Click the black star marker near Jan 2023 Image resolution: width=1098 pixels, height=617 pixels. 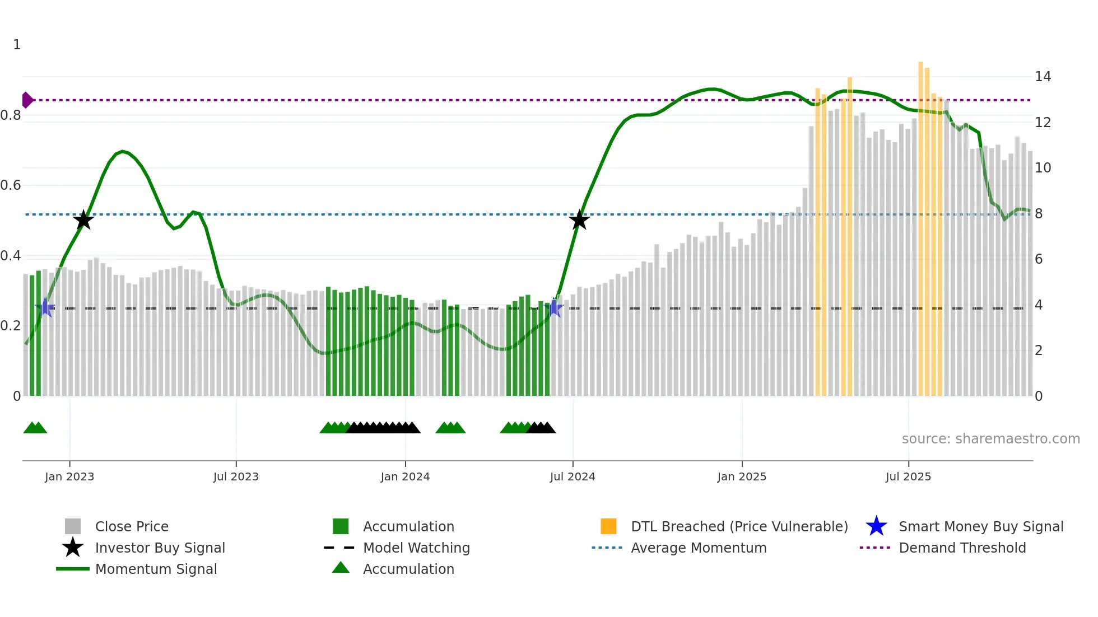point(83,220)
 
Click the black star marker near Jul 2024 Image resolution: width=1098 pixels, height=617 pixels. point(579,220)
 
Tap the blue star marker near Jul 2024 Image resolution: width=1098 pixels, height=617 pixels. point(555,307)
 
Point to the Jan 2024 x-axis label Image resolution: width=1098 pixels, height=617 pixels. point(405,476)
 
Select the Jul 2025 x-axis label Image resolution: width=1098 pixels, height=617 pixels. point(908,476)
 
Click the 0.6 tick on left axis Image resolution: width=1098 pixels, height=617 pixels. point(11,185)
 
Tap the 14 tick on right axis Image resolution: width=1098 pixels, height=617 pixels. point(1043,77)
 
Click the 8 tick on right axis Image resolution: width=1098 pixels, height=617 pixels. point(1039,214)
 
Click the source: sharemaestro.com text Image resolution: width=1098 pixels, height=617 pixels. point(990,438)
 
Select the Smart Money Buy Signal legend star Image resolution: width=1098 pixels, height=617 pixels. point(876,526)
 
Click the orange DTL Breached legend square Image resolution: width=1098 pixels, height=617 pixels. point(608,526)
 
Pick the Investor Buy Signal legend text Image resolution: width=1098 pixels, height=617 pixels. point(160,548)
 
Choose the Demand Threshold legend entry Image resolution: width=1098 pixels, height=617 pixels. point(962,548)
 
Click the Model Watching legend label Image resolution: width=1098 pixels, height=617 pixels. point(416,548)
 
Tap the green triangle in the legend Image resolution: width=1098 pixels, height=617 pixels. point(341,568)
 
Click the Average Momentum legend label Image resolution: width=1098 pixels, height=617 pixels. point(699,548)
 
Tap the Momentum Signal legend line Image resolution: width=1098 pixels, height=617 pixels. point(73,569)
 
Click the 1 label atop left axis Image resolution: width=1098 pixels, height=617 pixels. point(17,45)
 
